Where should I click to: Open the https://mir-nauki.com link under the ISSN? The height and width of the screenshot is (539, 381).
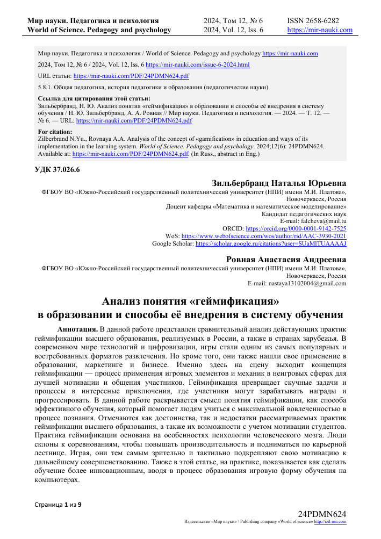[x=320, y=30]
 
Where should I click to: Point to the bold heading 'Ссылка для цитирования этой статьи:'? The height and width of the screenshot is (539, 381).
[x=91, y=99]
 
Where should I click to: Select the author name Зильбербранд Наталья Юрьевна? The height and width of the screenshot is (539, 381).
[x=279, y=183]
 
